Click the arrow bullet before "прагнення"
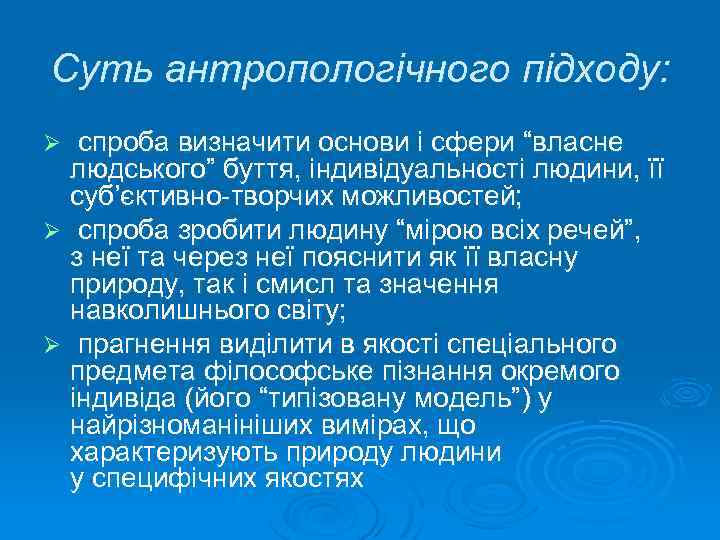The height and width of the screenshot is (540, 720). coord(61,346)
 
